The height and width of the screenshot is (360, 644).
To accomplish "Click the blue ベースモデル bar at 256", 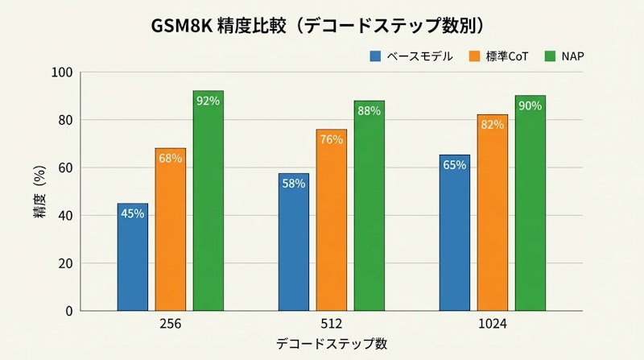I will pos(132,257).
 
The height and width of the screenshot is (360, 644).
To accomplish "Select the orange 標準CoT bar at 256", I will pos(171,230).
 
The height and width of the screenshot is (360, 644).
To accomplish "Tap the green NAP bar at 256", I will pos(208,201).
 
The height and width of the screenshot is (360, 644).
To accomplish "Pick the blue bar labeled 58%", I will pos(293,242).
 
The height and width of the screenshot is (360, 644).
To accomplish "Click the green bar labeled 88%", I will pos(369,205).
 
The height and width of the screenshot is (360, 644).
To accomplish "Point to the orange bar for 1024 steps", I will pos(493,213).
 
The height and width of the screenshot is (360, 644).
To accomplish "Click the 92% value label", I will pos(208,101).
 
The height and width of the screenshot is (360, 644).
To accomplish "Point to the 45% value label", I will pos(132,213).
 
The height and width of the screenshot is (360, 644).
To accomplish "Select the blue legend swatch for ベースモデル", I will pos(375,56).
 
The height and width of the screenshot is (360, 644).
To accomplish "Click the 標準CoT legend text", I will pos(506,56).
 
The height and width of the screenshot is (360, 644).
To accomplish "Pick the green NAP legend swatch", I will pos(551,56).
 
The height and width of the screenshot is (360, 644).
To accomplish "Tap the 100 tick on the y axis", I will pos(64,72).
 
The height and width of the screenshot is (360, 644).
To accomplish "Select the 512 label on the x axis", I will pos(331,324).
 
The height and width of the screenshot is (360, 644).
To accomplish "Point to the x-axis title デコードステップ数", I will pos(331,344).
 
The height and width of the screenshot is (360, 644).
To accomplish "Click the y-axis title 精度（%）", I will pos(39,192).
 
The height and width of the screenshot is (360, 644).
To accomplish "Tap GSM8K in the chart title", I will pos(182,26).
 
